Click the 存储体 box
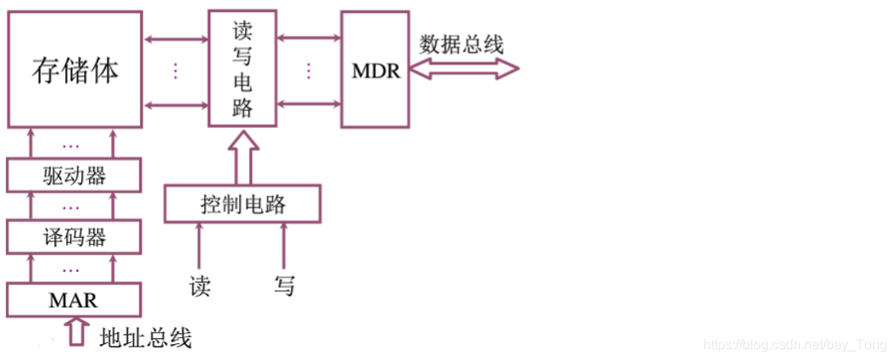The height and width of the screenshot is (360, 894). pyautogui.click(x=75, y=69)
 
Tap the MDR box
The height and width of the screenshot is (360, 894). pyautogui.click(x=375, y=69)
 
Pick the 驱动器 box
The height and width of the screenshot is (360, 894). pyautogui.click(x=75, y=176)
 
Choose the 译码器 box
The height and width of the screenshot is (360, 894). pyautogui.click(x=75, y=237)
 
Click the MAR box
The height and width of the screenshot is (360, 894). pyautogui.click(x=75, y=299)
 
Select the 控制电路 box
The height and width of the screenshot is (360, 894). pyautogui.click(x=242, y=204)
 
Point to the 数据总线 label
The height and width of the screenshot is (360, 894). pyautogui.click(x=461, y=44)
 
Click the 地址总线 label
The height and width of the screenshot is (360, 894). pyautogui.click(x=146, y=338)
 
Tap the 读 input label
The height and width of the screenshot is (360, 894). pyautogui.click(x=200, y=285)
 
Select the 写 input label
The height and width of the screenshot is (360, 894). pyautogui.click(x=285, y=285)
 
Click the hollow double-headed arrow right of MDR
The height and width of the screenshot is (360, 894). pyautogui.click(x=464, y=70)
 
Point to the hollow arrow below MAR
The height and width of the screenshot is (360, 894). pyautogui.click(x=77, y=330)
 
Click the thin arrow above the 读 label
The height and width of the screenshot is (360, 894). pyautogui.click(x=200, y=245)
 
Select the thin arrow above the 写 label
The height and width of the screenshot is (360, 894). pyautogui.click(x=284, y=245)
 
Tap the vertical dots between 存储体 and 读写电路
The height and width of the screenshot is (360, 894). pyautogui.click(x=175, y=70)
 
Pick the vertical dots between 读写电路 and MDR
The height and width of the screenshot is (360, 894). pyautogui.click(x=309, y=70)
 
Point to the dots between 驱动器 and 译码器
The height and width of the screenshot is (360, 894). pyautogui.click(x=71, y=207)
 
